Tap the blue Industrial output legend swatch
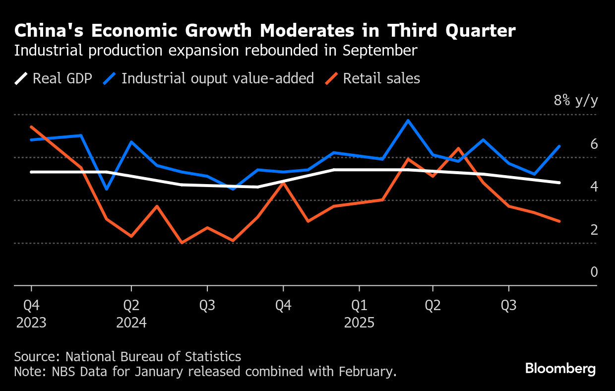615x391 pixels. click(110, 78)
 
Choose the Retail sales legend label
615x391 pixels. click(381, 78)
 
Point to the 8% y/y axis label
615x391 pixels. click(576, 101)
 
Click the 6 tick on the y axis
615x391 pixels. click(594, 144)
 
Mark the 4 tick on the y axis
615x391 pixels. click(594, 187)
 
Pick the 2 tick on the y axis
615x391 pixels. click(594, 230)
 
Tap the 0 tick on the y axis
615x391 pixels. click(594, 272)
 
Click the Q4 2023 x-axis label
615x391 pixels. click(31, 314)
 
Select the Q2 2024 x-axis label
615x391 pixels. click(131, 314)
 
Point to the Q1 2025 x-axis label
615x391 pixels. click(359, 314)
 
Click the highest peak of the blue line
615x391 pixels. click(408, 120)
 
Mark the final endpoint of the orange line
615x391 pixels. click(559, 221)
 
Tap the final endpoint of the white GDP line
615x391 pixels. click(559, 183)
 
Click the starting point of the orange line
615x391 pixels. click(31, 127)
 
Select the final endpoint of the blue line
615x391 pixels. click(559, 146)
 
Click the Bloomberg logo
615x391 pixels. click(560, 369)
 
